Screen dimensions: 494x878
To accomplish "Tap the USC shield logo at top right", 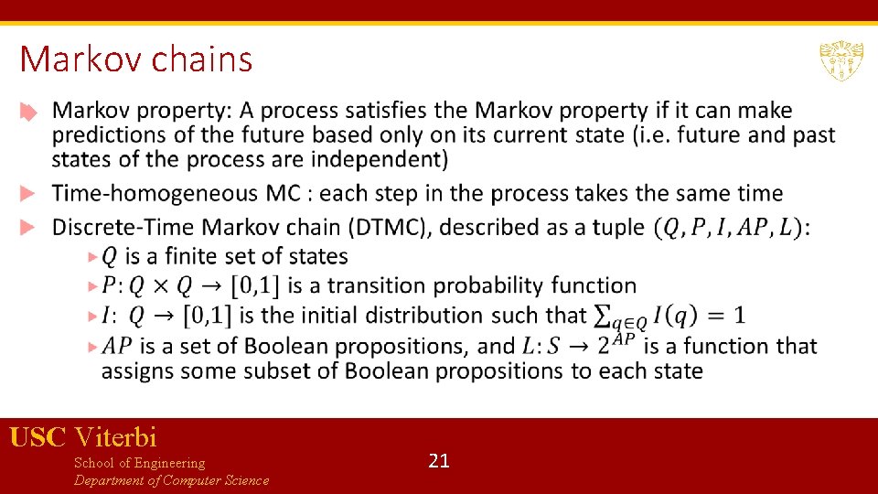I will coord(841,61).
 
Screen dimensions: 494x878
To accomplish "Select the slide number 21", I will coord(439,461).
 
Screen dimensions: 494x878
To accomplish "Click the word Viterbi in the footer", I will coord(116,437).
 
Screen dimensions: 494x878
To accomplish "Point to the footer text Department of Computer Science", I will coord(172,480).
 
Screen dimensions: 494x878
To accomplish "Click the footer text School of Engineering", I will coord(139,463).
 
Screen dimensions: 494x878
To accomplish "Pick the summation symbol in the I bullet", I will coord(602,316).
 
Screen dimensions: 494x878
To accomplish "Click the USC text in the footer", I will coord(37,437).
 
